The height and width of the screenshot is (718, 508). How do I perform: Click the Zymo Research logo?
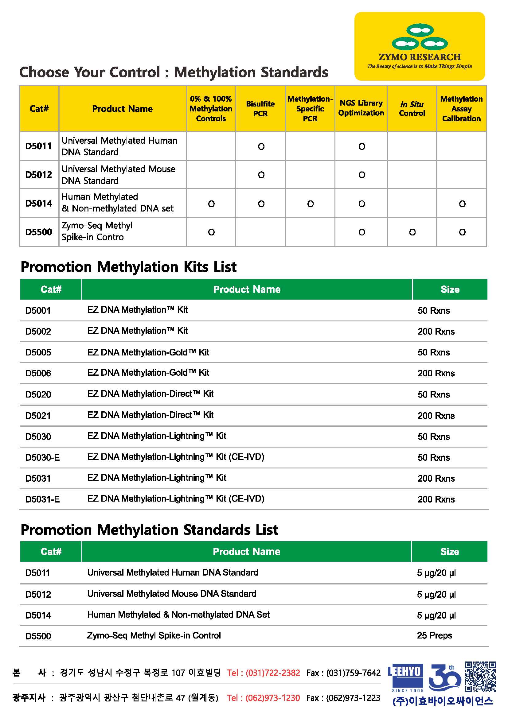[x=420, y=46]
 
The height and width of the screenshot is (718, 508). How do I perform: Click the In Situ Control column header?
[x=412, y=108]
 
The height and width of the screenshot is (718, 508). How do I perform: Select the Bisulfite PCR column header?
[x=260, y=108]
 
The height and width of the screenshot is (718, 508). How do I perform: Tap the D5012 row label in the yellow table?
[x=39, y=174]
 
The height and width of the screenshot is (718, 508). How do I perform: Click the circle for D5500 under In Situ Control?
[x=412, y=232]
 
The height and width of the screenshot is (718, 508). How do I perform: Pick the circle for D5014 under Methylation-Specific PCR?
[x=310, y=204]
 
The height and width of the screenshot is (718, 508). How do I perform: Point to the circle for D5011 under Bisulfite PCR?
[x=261, y=146]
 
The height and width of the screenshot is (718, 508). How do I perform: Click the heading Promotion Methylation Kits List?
[x=128, y=267]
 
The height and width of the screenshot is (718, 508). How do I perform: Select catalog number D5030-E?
[x=43, y=457]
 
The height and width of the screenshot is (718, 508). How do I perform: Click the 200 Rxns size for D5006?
[x=436, y=373]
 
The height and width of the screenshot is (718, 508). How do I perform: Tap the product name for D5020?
[x=150, y=394]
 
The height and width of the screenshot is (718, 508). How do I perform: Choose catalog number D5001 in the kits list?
[x=38, y=311]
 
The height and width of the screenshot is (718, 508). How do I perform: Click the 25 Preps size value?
[x=435, y=635]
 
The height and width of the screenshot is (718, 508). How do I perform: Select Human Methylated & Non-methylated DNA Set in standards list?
[x=178, y=615]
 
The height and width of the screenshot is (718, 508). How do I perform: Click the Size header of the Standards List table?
[x=450, y=552]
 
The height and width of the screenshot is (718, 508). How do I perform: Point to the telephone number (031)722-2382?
[x=273, y=673]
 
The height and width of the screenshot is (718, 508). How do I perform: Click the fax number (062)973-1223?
[x=353, y=698]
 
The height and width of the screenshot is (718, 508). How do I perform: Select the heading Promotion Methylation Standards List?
[x=149, y=530]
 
